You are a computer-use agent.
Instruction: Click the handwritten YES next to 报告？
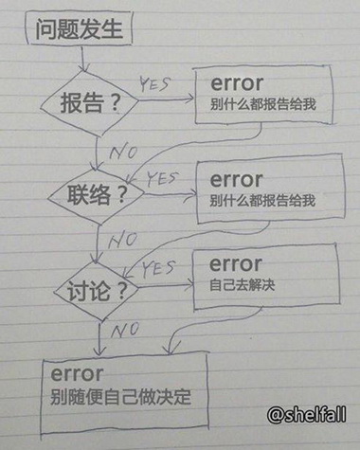tap(155, 85)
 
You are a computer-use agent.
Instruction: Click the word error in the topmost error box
tap(234, 83)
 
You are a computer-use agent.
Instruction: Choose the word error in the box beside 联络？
tap(234, 178)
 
